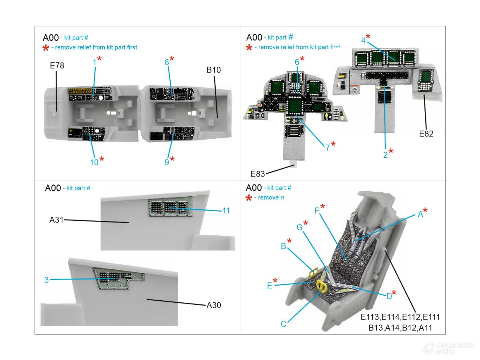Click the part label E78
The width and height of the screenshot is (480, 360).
point(57,65)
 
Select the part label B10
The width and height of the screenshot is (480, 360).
point(213,70)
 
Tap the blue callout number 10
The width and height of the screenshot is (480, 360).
point(94,163)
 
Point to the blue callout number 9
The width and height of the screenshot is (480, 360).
point(167,162)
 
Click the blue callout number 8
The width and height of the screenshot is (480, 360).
point(167,62)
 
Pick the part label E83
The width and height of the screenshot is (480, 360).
point(257,174)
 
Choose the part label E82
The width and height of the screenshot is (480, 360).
point(426,134)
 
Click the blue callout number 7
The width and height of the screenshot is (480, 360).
point(327,147)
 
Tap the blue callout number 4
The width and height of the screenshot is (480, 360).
point(363,40)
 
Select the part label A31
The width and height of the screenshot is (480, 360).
point(57,220)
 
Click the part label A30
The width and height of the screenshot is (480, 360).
point(214,305)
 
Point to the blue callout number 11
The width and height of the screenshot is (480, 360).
point(226,211)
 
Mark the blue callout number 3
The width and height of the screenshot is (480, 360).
point(47,280)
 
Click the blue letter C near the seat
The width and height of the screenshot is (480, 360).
point(283,324)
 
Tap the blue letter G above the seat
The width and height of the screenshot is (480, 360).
point(299,227)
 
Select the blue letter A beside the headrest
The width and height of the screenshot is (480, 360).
point(420,215)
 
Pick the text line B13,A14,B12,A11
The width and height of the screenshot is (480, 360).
point(400,328)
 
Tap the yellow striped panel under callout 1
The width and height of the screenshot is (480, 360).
point(79,91)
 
